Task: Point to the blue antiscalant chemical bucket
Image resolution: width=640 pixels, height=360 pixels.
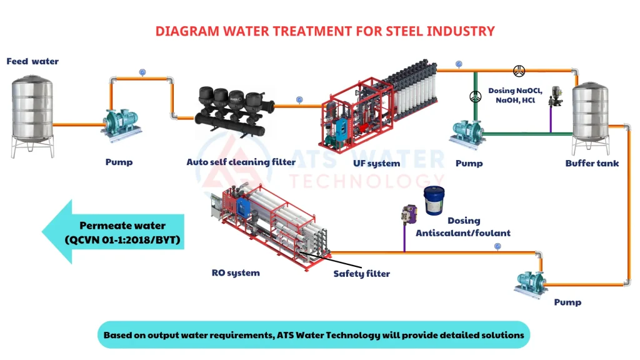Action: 435,201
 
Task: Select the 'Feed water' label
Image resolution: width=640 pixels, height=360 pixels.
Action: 32,61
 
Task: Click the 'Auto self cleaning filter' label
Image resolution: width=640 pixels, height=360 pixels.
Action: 241,162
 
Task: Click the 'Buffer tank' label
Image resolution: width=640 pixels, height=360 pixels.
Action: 592,164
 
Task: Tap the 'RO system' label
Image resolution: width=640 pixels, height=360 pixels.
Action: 236,272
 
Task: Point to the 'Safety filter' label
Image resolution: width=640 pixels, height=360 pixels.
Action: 361,274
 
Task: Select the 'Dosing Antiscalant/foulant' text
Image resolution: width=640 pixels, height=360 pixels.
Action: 463,227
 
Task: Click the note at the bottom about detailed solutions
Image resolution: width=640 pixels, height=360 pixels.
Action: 314,335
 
